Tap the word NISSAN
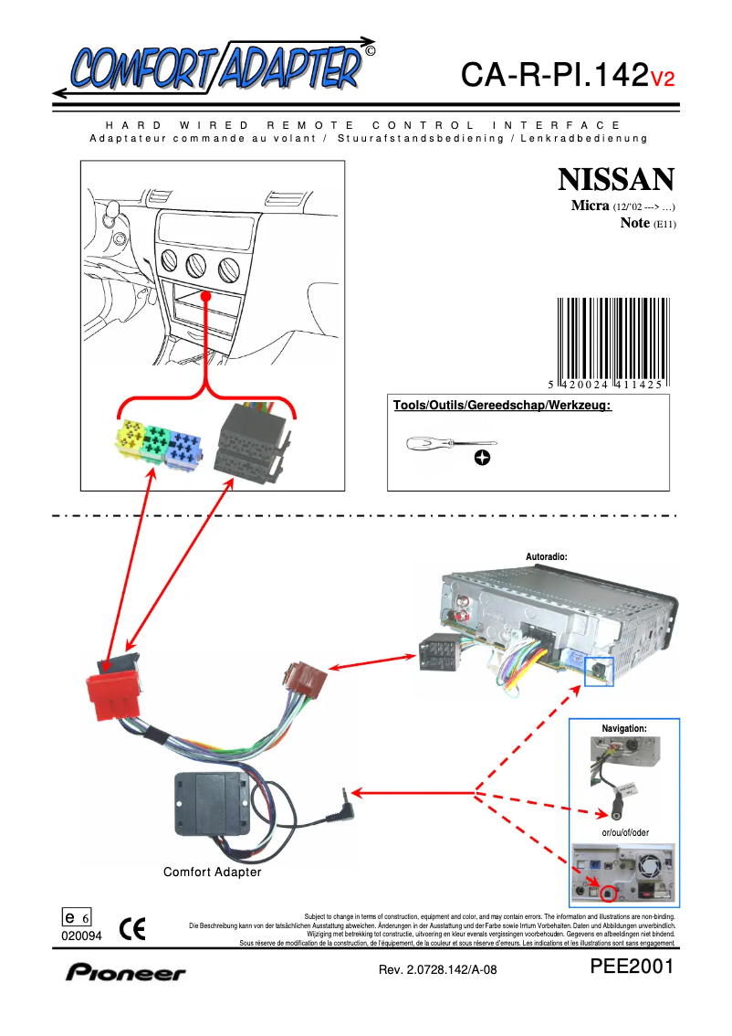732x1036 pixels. [616, 178]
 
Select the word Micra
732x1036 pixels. [590, 206]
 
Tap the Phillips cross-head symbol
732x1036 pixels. [482, 458]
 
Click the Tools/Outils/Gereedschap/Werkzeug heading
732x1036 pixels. [501, 405]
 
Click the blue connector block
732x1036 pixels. [185, 445]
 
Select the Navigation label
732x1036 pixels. [624, 728]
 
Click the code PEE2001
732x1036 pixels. [632, 967]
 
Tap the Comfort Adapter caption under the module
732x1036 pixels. [212, 872]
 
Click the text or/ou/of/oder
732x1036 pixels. [625, 832]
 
